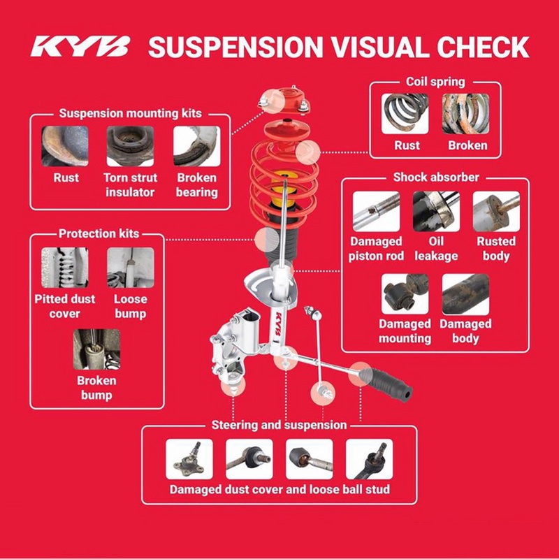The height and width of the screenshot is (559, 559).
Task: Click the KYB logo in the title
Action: pyautogui.click(x=80, y=46)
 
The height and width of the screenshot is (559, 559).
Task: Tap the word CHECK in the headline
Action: pyautogui.click(x=483, y=47)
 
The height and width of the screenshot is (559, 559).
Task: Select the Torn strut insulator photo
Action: pyautogui.click(x=130, y=146)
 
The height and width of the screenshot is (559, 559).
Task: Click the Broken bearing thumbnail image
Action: pyautogui.click(x=197, y=146)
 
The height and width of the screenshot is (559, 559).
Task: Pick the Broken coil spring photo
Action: pyautogui.click(x=465, y=114)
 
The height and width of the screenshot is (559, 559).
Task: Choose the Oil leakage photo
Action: pyautogui.click(x=436, y=212)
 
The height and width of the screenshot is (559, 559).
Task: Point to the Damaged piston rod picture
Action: pyautogui.click(x=376, y=212)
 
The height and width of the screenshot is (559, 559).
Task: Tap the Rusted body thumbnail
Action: pyautogui.click(x=496, y=212)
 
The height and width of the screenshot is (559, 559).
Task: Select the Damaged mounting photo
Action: pyautogui.click(x=405, y=294)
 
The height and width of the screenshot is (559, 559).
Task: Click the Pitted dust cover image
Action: pyautogui.click(x=64, y=268)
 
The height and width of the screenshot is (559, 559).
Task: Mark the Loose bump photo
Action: pyautogui.click(x=131, y=268)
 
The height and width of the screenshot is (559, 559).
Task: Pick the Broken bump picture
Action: pyautogui.click(x=96, y=349)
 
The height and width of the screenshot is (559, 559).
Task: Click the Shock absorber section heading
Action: pyautogui.click(x=436, y=177)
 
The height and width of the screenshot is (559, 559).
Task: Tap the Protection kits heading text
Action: pyautogui.click(x=99, y=233)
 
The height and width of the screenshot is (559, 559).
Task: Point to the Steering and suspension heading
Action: pyautogui.click(x=279, y=425)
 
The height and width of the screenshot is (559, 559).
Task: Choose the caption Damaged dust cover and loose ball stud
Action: pyautogui.click(x=279, y=490)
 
